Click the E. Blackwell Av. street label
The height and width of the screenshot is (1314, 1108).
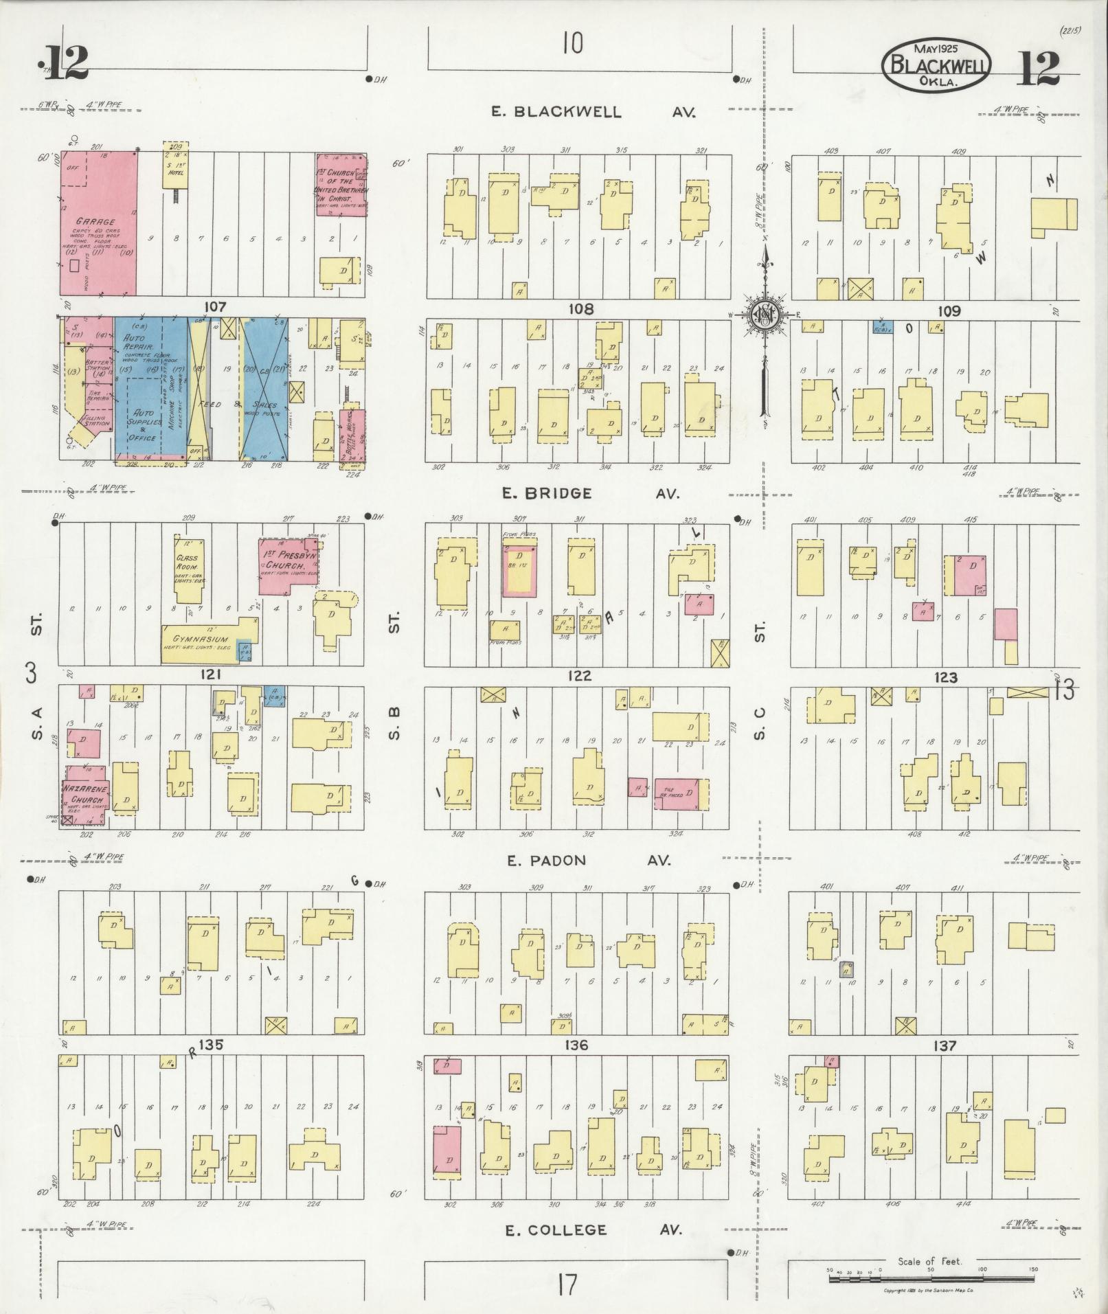coord(592,112)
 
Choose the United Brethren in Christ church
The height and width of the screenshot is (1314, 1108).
coord(341,184)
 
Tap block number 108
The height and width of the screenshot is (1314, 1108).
coord(580,309)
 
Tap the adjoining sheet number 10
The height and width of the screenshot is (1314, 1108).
coord(572,44)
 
